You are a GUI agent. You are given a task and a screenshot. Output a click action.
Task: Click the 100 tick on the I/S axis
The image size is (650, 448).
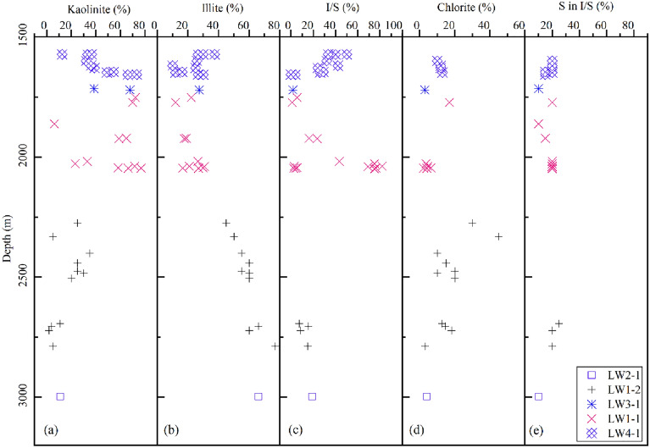[x=392, y=25]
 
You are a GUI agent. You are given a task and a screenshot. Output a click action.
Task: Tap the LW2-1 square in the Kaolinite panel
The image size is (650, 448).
[x=60, y=396]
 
